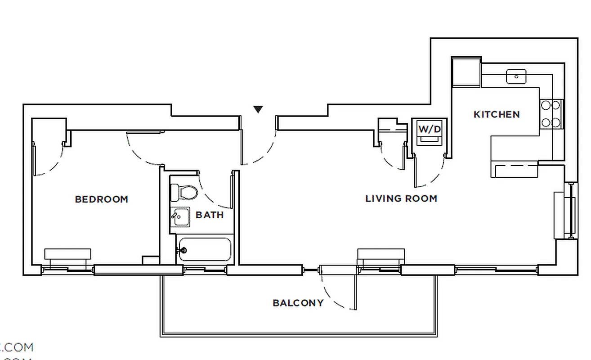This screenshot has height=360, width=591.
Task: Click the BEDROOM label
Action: (x=101, y=199)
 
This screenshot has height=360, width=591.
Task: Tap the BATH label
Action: (x=210, y=215)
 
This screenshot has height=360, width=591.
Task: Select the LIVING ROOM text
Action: (x=401, y=198)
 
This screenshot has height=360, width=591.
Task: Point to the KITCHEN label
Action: (x=497, y=114)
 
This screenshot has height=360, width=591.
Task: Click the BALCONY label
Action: (x=298, y=303)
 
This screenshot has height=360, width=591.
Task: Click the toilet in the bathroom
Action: (x=185, y=193)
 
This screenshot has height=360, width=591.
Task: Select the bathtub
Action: (x=205, y=250)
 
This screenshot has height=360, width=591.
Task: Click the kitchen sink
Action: (x=516, y=76)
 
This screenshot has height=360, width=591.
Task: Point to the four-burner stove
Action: (x=551, y=114)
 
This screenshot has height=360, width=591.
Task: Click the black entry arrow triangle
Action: (x=258, y=109)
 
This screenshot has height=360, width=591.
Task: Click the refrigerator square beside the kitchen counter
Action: (x=466, y=72)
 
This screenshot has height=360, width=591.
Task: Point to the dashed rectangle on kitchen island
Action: (x=516, y=171)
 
